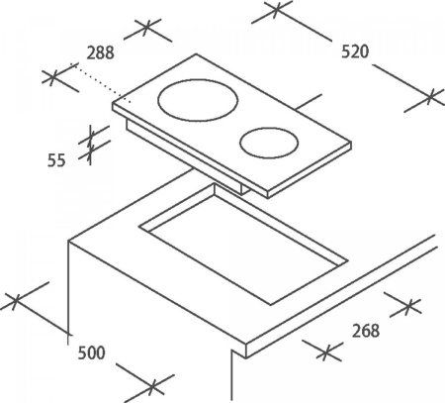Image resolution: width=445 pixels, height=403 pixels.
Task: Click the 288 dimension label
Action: (101, 52)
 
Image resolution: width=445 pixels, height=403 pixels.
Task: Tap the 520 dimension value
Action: (355, 51)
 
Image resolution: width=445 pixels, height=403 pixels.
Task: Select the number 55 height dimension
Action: (56, 160)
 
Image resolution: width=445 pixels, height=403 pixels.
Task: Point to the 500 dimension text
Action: (91, 353)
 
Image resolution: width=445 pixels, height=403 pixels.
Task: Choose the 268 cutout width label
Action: (366, 331)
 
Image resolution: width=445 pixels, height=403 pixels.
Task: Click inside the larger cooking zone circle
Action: (198, 100)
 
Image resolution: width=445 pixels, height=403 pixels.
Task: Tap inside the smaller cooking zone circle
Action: (269, 143)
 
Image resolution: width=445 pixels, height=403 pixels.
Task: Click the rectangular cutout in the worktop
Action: (243, 245)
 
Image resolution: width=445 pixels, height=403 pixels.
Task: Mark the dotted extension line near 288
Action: (103, 83)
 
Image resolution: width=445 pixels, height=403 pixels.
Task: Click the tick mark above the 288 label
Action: (147, 28)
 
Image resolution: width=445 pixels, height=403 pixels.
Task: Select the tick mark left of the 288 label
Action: (52, 77)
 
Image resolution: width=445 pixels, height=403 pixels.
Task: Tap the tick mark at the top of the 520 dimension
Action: (276, 8)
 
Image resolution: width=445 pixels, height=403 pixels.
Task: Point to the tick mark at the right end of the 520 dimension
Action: (429, 98)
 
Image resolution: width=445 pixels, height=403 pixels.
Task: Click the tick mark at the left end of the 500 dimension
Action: (15, 301)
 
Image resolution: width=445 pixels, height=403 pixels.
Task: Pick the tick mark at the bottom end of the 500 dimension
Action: (152, 385)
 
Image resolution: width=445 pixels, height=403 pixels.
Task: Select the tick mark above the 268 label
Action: (408, 306)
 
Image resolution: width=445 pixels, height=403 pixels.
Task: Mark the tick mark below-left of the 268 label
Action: (325, 353)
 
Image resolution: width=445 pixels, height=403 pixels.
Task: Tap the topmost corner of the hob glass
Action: (197, 53)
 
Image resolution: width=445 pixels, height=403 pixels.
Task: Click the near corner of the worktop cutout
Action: (271, 304)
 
